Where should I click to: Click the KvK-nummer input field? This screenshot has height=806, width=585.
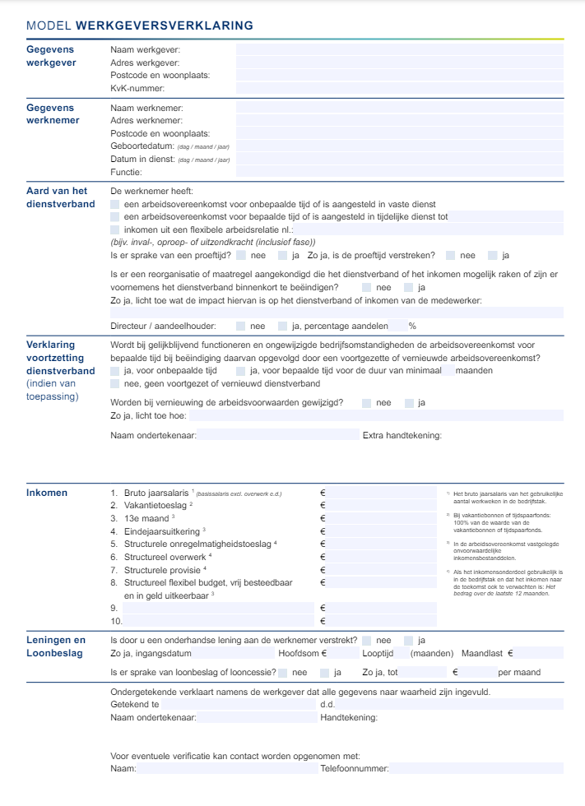[399, 88]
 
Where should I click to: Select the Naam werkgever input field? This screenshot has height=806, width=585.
[399, 49]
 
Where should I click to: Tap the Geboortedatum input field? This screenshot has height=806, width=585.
[399, 146]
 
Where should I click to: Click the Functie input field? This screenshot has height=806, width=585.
[399, 172]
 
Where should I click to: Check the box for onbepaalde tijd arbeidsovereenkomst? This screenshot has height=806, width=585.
[115, 204]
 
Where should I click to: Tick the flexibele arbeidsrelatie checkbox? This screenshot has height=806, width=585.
[115, 229]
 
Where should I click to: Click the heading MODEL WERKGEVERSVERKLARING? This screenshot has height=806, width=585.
[140, 26]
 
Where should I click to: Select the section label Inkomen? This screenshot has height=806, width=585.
[47, 493]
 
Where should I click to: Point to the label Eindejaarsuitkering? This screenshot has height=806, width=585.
[164, 531]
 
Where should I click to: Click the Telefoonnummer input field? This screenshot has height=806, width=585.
[476, 768]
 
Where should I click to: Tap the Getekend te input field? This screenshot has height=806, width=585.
[239, 705]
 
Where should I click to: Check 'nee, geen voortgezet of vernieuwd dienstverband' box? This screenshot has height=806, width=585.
[115, 383]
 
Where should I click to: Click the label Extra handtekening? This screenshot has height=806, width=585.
[402, 435]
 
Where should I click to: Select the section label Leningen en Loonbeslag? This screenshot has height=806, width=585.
[56, 646]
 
